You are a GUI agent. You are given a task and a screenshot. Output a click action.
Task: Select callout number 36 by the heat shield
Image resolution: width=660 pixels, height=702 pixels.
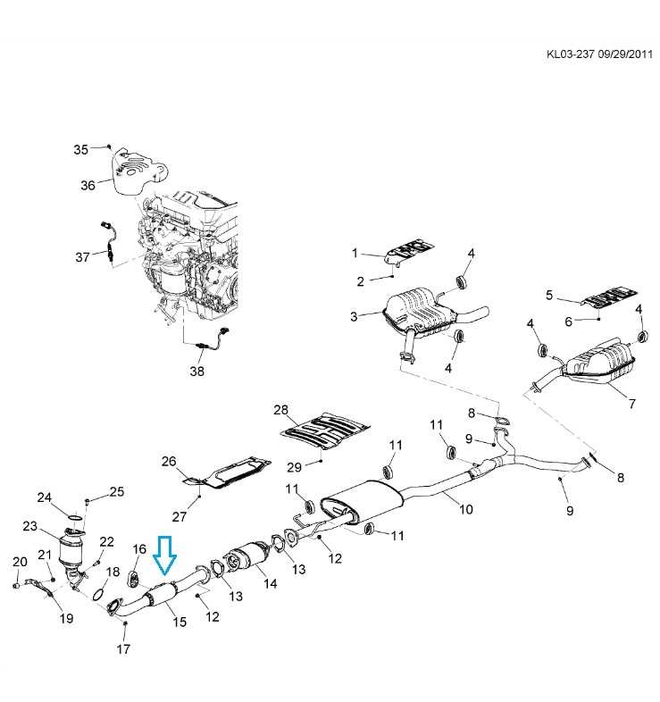click(x=88, y=185)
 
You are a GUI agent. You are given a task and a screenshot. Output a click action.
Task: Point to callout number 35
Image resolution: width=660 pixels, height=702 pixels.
click(x=81, y=149)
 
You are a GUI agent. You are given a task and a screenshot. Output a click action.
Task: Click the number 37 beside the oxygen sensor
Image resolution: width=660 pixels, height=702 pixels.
click(x=82, y=257)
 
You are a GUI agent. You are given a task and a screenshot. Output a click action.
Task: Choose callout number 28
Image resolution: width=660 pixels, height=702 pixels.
click(x=281, y=410)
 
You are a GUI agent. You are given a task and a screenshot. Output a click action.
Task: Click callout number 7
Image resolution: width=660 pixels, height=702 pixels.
click(x=631, y=404)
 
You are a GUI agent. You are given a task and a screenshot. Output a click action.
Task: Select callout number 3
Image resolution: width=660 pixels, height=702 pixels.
click(x=354, y=316)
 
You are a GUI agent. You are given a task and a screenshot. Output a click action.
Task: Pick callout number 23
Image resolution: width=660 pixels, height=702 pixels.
click(x=30, y=526)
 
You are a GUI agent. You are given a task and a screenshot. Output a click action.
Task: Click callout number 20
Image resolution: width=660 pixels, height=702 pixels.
click(x=20, y=561)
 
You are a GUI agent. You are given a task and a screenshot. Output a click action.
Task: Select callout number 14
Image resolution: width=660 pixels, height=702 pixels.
click(x=271, y=583)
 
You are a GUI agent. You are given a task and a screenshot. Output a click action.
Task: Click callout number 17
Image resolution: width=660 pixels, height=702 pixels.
click(x=123, y=649)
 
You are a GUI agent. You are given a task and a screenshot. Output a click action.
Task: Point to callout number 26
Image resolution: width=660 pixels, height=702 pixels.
click(x=170, y=462)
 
